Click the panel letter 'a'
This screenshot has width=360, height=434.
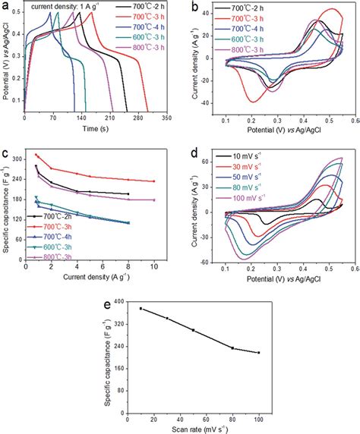pos(6,8)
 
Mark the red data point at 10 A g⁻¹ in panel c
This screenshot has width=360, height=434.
pos(154,181)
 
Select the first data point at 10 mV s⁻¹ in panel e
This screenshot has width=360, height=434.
pos(141,308)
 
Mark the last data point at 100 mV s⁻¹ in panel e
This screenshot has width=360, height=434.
pos(259,353)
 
